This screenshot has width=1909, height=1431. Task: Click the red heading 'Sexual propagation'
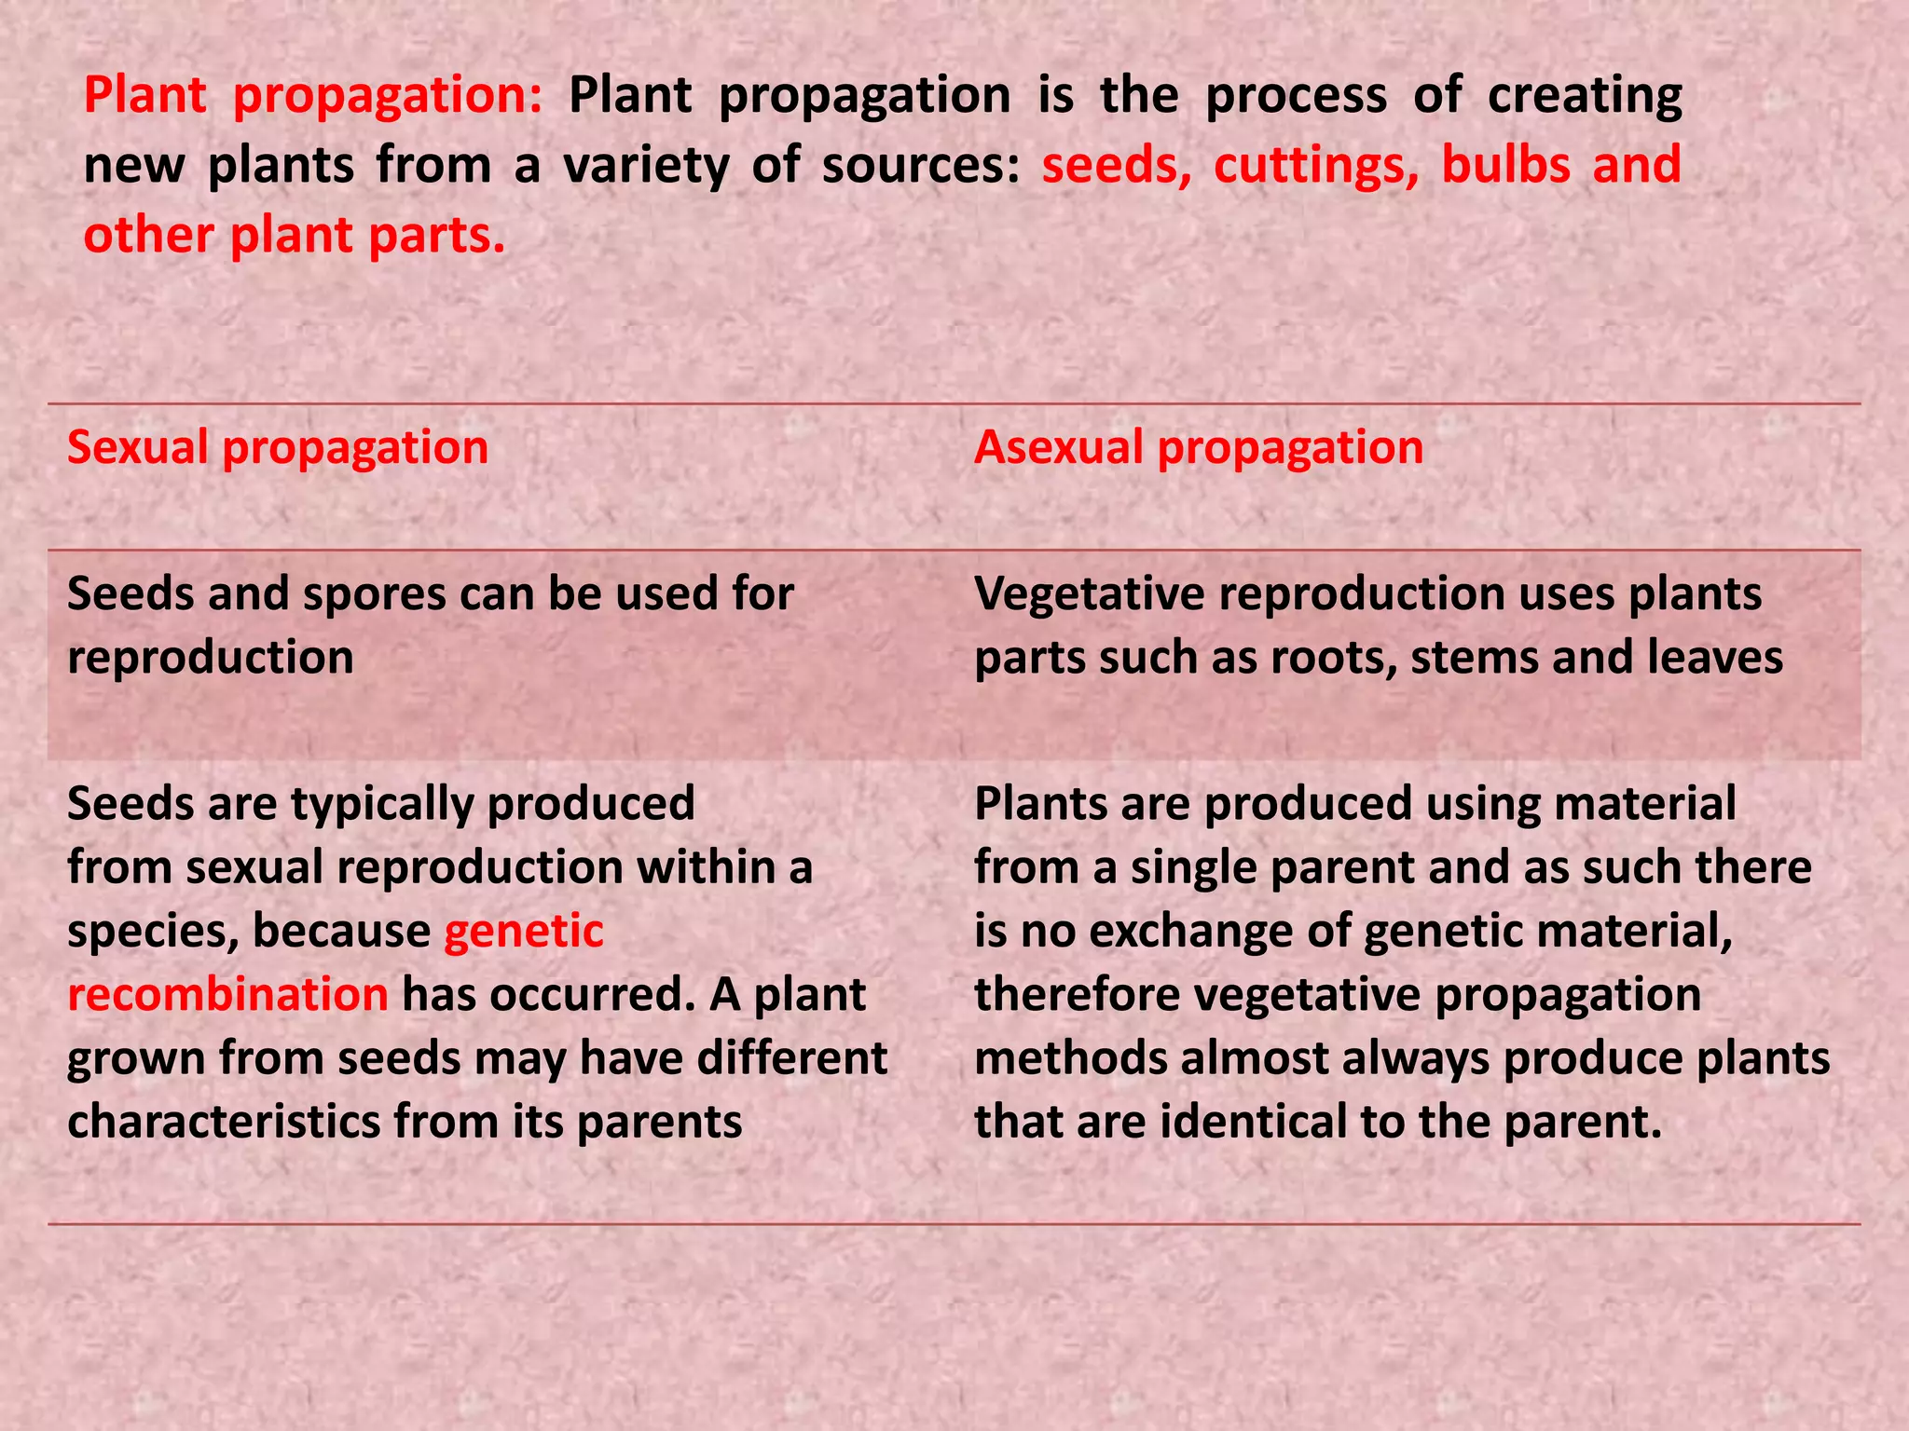(x=278, y=448)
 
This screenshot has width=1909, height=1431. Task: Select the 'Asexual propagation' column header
(x=1199, y=448)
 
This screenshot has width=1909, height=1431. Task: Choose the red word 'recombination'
(x=227, y=995)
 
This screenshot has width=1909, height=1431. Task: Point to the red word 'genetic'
(x=524, y=932)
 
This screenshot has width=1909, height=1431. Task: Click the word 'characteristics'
(x=224, y=1122)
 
